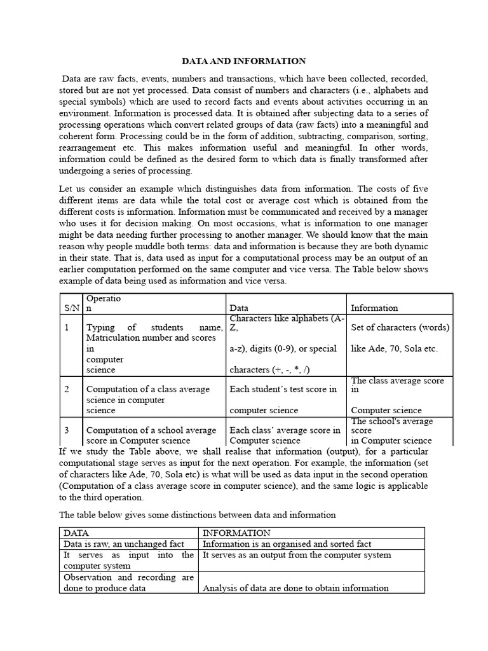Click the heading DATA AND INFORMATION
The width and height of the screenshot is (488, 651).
(x=244, y=61)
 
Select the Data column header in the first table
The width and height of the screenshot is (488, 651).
(x=239, y=308)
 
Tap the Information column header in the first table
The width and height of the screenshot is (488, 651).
(x=374, y=308)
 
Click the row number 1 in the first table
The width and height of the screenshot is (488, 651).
(x=67, y=327)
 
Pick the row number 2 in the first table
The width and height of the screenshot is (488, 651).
(x=67, y=389)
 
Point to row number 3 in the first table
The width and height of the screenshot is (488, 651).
(x=67, y=430)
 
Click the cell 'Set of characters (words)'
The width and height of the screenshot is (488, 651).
(x=400, y=327)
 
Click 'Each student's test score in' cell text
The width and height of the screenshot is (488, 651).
(x=283, y=389)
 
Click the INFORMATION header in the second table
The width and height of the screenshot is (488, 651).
(x=236, y=533)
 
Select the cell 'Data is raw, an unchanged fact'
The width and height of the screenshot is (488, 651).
(x=123, y=544)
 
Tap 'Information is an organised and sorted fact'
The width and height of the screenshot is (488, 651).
(x=287, y=544)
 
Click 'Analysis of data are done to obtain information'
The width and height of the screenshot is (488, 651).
(x=295, y=588)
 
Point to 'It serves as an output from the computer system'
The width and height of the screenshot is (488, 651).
(x=296, y=555)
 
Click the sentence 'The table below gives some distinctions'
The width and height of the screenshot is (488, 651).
(x=197, y=514)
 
